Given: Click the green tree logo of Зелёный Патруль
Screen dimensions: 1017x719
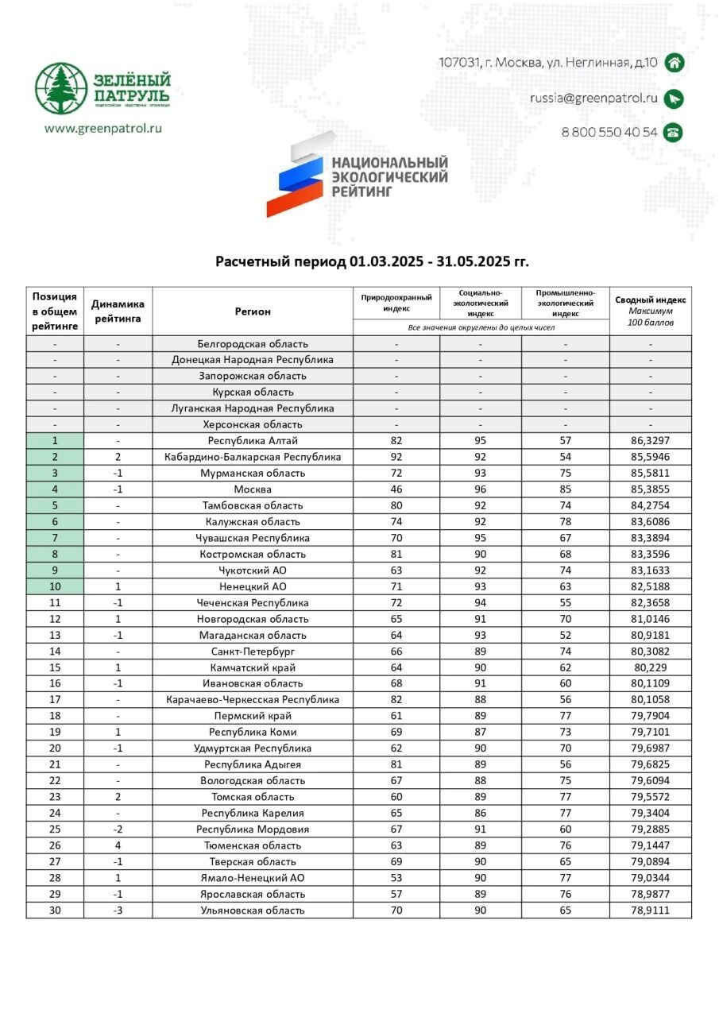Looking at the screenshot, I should coord(61,88).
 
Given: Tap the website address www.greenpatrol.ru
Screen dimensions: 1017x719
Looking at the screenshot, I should coord(103,127).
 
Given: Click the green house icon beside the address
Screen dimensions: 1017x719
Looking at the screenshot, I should coord(674,63).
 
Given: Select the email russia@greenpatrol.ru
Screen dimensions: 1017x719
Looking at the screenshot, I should coord(594,99).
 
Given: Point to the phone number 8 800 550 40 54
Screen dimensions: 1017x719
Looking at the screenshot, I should coord(609,133).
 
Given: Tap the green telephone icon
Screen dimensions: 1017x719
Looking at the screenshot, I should coord(674,133).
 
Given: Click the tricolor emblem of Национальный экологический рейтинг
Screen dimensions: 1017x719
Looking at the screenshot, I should coord(294,176).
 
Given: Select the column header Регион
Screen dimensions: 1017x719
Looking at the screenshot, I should coord(253,311).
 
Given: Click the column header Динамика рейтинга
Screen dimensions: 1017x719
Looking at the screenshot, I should coord(118,311).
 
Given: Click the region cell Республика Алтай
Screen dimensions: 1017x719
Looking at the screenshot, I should coord(253,441).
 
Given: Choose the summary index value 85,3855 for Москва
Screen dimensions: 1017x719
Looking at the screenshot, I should coord(650,489).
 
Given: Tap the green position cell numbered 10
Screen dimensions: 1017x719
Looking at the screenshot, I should coord(55,586).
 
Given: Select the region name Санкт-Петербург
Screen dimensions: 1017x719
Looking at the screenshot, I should coord(253,652).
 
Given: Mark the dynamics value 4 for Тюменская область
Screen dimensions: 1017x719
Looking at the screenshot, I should coord(118,845).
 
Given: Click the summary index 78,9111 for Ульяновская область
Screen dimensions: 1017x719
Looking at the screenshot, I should coord(650,911).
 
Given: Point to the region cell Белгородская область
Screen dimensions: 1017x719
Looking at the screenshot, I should coord(253,344).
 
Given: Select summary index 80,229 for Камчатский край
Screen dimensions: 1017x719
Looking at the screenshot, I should coord(650,667).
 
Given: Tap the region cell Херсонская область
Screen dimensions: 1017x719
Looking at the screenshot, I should coord(253,425).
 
